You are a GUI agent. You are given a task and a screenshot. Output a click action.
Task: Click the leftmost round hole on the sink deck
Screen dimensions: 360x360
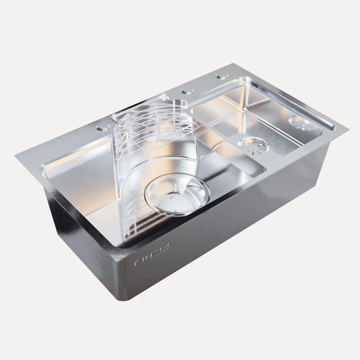point(102,127)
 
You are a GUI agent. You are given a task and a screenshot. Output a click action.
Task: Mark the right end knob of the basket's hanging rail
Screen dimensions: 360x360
point(163,98)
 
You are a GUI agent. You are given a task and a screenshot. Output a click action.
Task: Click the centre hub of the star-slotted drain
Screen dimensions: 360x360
point(253,145)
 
